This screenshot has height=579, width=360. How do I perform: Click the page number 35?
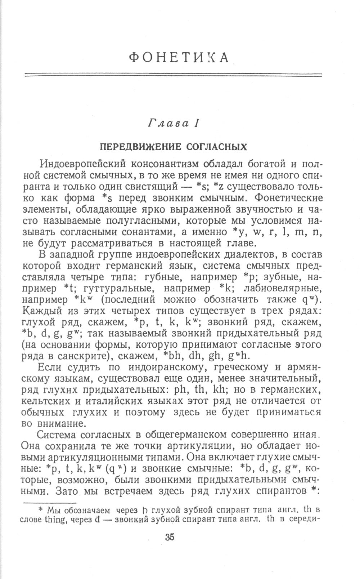[170, 536]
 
